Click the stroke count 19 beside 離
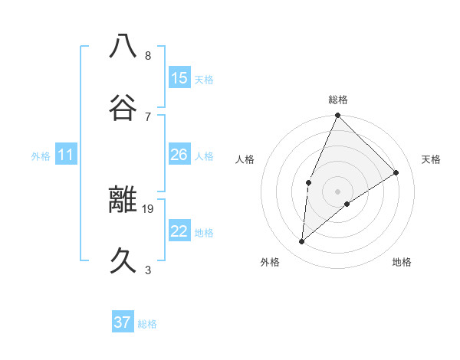click(x=148, y=208)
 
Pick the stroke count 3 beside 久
click(x=148, y=270)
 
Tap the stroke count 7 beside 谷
click(x=148, y=116)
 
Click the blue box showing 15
click(x=179, y=78)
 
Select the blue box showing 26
click(x=179, y=155)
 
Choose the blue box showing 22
click(x=179, y=231)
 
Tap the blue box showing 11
click(x=66, y=155)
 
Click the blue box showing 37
click(x=123, y=322)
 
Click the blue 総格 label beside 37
click(x=147, y=324)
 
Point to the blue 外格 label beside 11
click(x=41, y=156)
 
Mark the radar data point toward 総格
click(x=337, y=116)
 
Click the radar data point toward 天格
click(x=396, y=173)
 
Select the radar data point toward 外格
click(x=302, y=242)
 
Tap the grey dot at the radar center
click(x=337, y=191)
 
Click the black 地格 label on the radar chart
click(x=402, y=262)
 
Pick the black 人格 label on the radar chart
click(x=245, y=159)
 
